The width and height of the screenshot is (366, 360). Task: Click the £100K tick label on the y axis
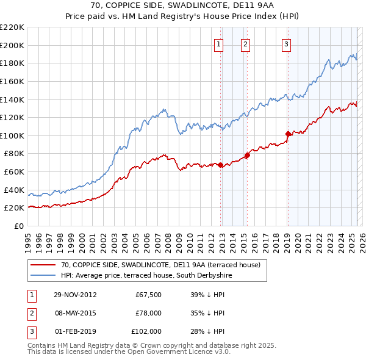click(12, 135)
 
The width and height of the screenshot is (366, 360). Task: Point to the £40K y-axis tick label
click(14, 190)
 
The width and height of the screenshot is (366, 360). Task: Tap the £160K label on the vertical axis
click(12, 81)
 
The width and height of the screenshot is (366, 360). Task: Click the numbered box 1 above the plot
click(218, 43)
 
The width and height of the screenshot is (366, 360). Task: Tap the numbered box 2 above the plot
click(245, 43)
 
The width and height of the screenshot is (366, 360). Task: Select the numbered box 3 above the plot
click(285, 43)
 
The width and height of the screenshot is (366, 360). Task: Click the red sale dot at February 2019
click(288, 134)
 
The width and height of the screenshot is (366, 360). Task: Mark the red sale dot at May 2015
click(247, 155)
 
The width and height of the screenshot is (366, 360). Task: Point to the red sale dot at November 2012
click(221, 165)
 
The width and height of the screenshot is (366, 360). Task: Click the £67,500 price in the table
click(149, 295)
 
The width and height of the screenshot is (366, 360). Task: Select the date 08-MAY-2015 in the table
click(75, 313)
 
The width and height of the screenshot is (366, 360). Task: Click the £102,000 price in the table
click(146, 331)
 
